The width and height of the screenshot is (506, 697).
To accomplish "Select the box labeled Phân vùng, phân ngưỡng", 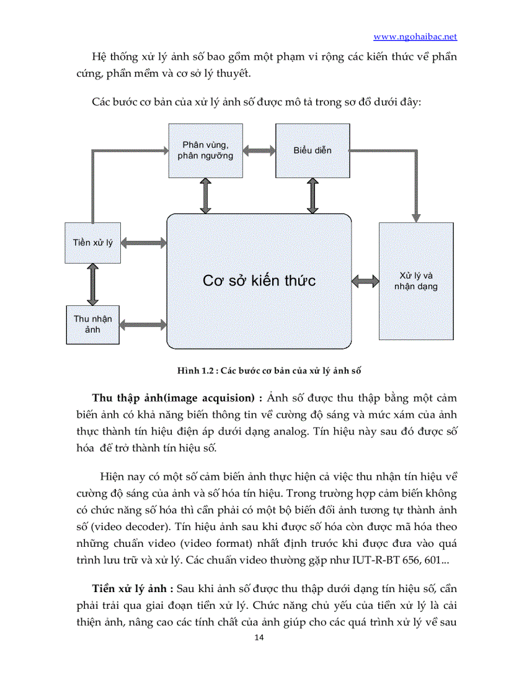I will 205,150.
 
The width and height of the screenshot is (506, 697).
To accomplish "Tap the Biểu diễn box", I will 313,150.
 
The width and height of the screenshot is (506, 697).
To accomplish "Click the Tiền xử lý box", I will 93,242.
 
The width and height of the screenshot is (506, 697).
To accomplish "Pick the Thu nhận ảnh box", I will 93,324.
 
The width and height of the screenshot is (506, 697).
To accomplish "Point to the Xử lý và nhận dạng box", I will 415,281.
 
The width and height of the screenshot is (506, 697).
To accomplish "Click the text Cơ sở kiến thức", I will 259,281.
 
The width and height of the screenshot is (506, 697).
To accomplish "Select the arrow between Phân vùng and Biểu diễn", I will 259,150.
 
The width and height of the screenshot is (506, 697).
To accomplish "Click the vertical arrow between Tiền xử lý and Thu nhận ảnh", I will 93,284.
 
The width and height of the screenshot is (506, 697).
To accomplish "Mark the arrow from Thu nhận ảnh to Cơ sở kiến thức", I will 143,324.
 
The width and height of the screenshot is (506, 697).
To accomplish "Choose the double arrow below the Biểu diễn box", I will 313,196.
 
